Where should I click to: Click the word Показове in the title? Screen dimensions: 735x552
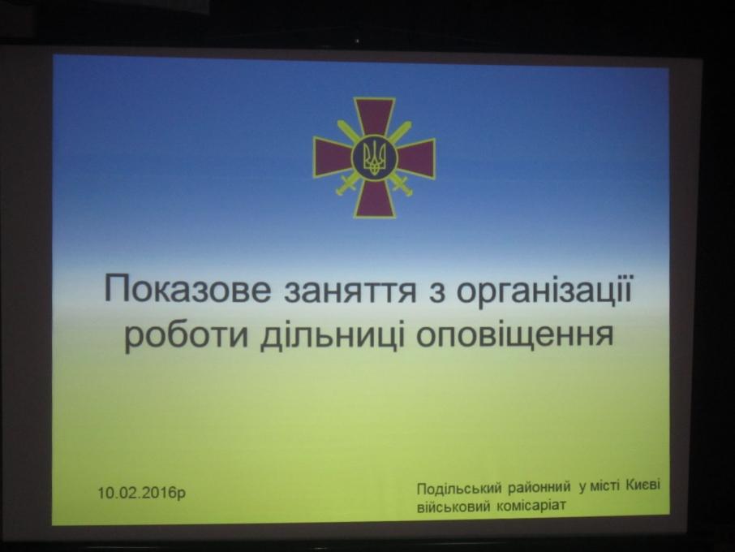[x=187, y=289]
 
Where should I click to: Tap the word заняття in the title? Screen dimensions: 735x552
[x=350, y=291]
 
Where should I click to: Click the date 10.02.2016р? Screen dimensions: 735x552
[x=142, y=493]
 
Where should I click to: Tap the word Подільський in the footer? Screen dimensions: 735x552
[x=459, y=489]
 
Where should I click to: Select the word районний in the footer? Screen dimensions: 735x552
[x=539, y=487]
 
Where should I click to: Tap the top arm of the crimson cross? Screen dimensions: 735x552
[x=374, y=116]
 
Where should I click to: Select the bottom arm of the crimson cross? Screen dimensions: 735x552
[x=374, y=198]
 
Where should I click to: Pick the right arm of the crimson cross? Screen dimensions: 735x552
[x=416, y=157]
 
